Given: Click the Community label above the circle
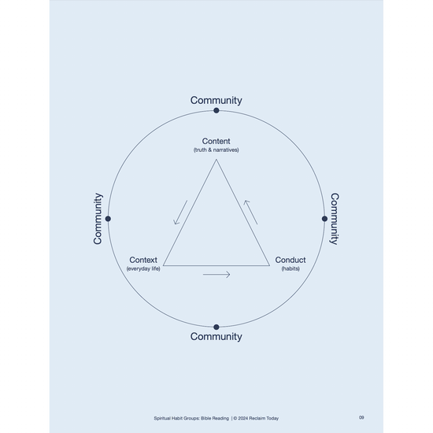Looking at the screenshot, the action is click(216, 101).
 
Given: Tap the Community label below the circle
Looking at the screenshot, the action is click(216, 337).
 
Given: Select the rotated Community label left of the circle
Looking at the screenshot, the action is click(98, 219).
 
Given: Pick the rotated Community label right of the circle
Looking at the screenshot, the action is click(335, 219).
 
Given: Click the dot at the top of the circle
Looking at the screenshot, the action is click(216, 110).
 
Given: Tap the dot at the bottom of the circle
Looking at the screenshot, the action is click(216, 327).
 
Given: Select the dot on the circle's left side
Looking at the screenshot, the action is click(108, 219).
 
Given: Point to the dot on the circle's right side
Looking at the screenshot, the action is click(324, 219).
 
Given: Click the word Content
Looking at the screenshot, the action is click(216, 141).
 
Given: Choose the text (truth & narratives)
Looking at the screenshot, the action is click(216, 150).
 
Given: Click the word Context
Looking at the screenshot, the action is click(143, 260).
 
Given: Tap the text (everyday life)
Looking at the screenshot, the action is click(143, 268).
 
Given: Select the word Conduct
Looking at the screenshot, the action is click(291, 260).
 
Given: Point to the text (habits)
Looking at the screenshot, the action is click(291, 268).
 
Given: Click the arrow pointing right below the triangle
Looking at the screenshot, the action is click(216, 275).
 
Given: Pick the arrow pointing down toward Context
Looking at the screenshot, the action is click(180, 213).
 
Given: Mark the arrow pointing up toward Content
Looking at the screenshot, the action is click(250, 213).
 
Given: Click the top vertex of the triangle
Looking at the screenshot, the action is click(216, 159).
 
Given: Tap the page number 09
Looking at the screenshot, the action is click(361, 417).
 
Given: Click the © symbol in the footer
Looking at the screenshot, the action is click(235, 418).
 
